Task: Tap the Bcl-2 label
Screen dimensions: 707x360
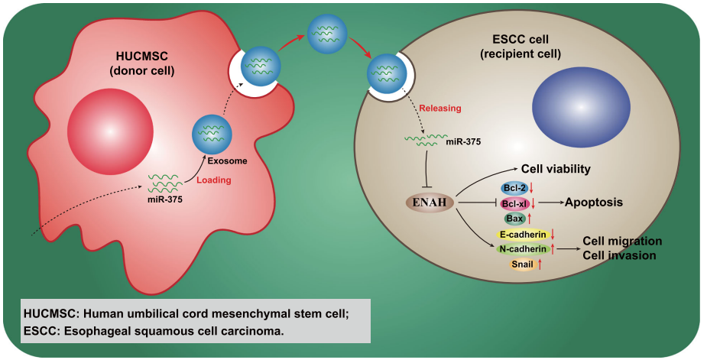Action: [514, 188]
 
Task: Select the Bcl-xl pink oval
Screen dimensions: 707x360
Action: [514, 203]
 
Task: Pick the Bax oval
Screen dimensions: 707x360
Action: [514, 219]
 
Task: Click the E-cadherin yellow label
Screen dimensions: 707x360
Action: [523, 235]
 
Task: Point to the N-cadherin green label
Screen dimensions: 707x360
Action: [523, 249]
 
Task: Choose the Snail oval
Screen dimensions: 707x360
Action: [523, 264]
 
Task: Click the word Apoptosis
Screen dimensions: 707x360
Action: [595, 202]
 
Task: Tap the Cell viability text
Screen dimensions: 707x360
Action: [556, 169]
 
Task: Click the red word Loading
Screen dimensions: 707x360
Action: [214, 180]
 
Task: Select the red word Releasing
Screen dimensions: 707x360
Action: [440, 109]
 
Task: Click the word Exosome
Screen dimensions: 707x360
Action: [227, 161]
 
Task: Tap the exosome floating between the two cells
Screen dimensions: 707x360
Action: [327, 34]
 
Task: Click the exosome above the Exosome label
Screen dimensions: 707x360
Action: [212, 134]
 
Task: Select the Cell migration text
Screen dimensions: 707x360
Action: [622, 241]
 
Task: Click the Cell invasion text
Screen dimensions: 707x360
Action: [619, 255]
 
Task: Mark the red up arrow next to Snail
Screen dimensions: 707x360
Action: [540, 264]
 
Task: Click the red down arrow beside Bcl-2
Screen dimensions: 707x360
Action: [532, 188]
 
